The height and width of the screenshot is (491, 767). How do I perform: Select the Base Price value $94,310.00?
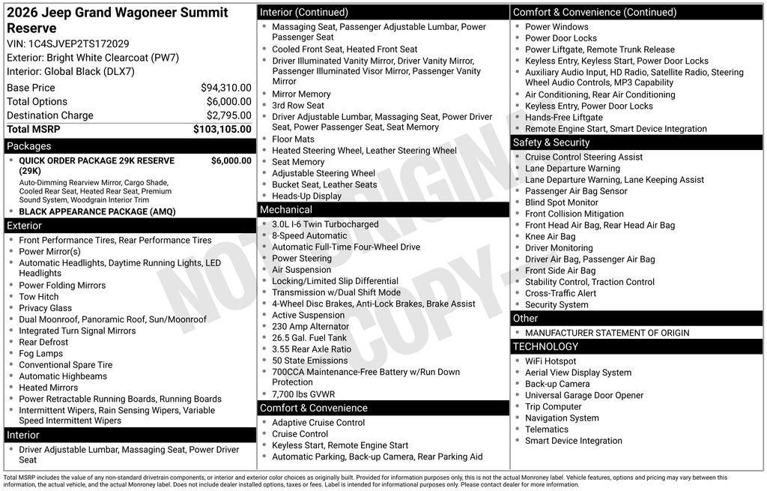pos(225,88)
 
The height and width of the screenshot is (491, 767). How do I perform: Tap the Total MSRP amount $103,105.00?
pos(222,129)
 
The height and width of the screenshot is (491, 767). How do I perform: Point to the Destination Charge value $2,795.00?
pos(228,115)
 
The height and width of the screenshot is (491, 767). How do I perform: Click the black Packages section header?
pos(130,146)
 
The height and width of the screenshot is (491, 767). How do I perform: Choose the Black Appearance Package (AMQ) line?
pos(97,211)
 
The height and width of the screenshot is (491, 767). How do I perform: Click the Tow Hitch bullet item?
pos(39,297)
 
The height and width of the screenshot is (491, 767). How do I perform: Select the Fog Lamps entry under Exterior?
pos(41,354)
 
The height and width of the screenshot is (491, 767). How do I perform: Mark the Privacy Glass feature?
pos(46,308)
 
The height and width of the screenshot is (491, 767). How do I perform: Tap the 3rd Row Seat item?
pos(298,106)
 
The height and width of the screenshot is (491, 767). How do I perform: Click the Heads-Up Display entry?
pos(306,196)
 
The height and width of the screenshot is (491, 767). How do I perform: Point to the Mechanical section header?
pos(383,210)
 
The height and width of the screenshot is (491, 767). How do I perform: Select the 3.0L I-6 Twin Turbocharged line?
pos(325,224)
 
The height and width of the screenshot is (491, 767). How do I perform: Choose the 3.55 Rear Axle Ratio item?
pos(312,349)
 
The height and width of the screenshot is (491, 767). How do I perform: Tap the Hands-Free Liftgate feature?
pos(564,118)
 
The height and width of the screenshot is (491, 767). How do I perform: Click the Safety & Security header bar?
pos(637,142)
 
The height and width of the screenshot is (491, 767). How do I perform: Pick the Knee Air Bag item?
pos(551,237)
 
